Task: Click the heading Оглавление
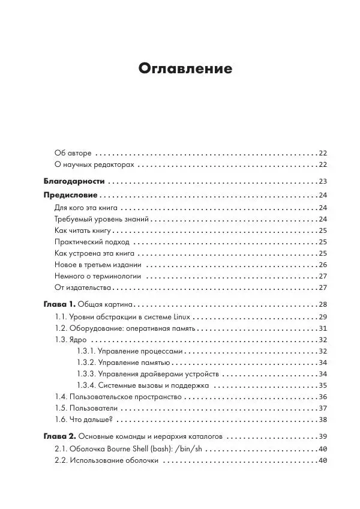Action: [x=185, y=68]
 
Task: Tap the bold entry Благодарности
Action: [x=75, y=181]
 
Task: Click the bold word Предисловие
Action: [x=71, y=195]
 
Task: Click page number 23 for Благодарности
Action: [x=322, y=181]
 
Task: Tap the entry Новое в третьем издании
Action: [x=98, y=265]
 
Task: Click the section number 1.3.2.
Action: [x=86, y=363]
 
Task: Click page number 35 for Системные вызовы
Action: [x=322, y=385]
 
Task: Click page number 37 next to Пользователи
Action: [x=322, y=408]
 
